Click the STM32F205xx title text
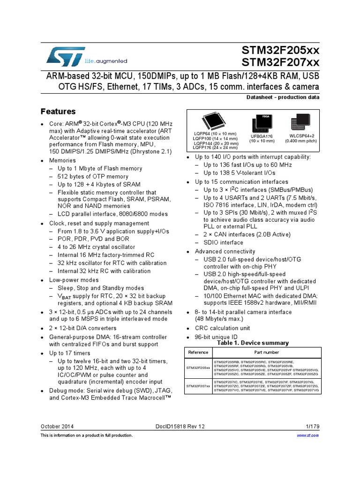[280, 50]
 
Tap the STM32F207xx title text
[280, 62]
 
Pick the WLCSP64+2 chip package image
[300, 121]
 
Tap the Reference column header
[198, 352]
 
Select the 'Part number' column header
[266, 352]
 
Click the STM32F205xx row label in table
[198, 368]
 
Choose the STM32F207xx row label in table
[198, 386]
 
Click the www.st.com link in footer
[308, 435]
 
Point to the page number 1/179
[312, 426]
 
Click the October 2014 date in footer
[57, 426]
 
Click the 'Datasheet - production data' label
[283, 97]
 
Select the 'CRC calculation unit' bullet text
[222, 328]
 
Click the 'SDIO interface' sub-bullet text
[223, 242]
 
